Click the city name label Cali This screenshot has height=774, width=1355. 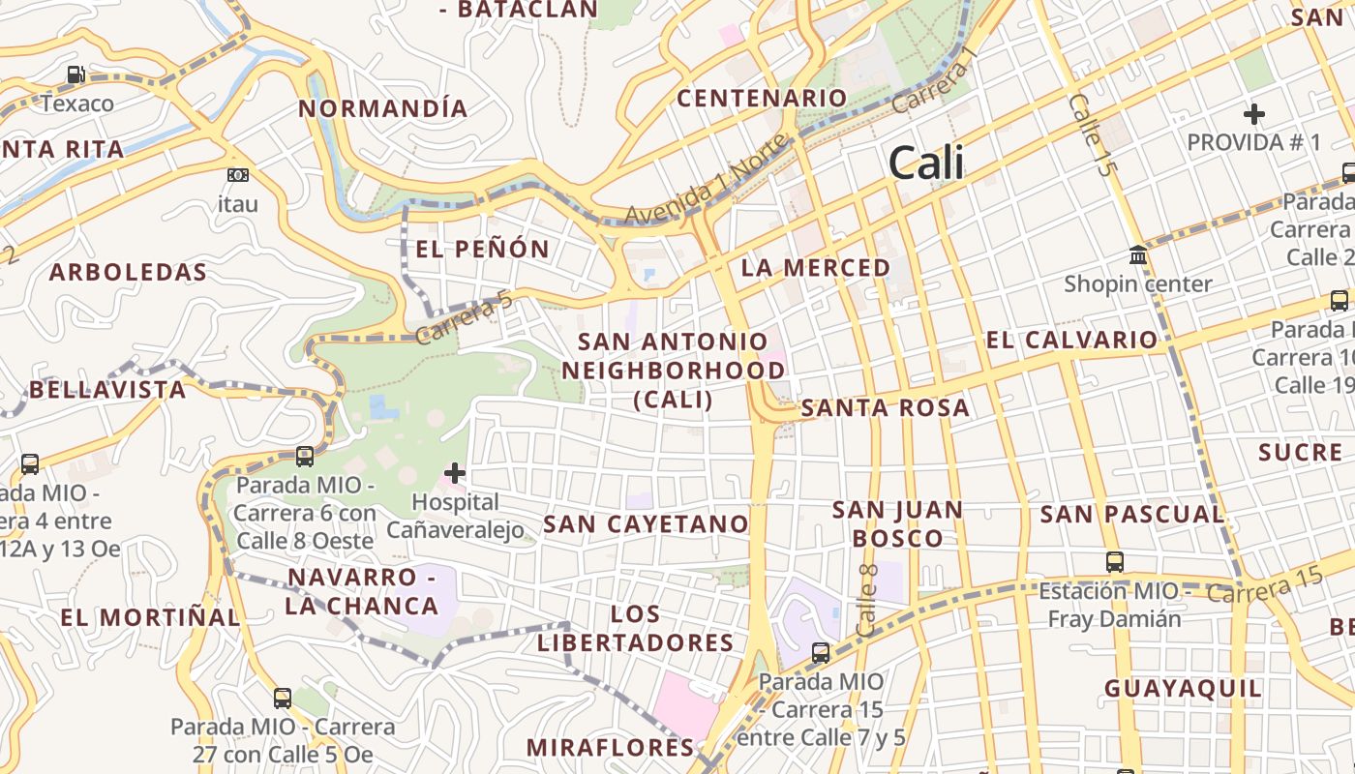tap(926, 163)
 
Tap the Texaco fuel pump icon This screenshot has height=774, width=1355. tap(75, 74)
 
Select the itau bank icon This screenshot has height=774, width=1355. tap(237, 175)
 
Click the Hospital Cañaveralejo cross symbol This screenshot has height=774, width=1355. tap(454, 473)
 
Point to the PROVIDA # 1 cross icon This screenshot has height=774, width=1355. tap(1254, 114)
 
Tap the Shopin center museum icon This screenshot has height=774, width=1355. tap(1138, 255)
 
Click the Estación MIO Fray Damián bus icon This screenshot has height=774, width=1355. tap(1115, 561)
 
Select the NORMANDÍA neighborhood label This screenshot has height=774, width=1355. tap(383, 108)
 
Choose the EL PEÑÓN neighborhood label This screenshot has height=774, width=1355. tap(482, 249)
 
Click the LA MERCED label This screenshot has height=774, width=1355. tap(816, 268)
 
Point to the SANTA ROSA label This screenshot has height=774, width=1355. tap(886, 408)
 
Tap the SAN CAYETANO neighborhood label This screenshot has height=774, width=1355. tap(647, 524)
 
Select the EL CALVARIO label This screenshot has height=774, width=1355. tap(1071, 340)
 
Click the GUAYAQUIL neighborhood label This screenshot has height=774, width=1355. tap(1184, 689)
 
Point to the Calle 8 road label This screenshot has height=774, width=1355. tap(867, 599)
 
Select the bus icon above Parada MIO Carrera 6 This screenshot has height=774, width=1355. tap(305, 456)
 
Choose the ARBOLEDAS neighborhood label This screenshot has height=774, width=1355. tap(128, 272)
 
